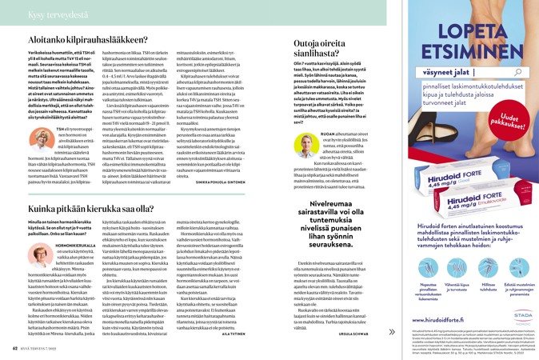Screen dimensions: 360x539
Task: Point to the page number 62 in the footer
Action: tap(15, 348)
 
